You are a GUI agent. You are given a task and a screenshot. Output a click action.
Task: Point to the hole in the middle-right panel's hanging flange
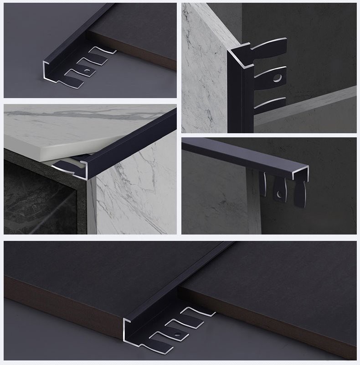(279, 195)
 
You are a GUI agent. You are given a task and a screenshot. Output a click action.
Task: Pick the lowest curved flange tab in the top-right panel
(269, 104)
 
